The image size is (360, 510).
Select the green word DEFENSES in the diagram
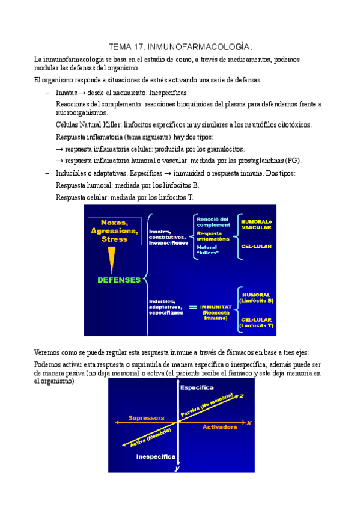pos(119,280)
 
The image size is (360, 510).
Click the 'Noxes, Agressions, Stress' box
pos(114,230)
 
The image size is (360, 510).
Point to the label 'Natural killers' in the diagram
pos(208,249)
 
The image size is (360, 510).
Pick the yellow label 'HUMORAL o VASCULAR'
pos(257,224)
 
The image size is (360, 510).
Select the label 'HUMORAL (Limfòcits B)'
pos(257,297)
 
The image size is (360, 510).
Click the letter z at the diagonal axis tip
pos(241,396)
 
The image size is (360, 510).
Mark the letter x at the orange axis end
pos(248,422)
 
